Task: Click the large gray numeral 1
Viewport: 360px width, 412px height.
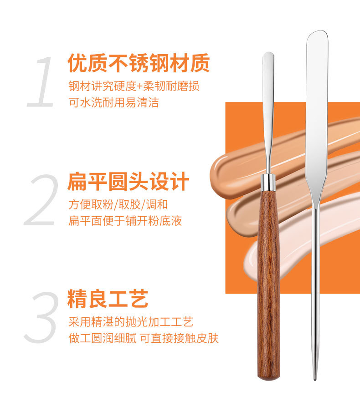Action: (x=42, y=82)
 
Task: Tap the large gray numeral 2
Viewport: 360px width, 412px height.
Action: (x=42, y=200)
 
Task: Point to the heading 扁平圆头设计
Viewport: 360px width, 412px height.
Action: (x=128, y=182)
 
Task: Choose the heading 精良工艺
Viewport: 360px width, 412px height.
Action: (x=108, y=299)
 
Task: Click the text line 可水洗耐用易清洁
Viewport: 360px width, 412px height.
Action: (x=113, y=102)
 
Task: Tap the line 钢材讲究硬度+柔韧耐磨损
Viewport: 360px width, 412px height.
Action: (x=134, y=86)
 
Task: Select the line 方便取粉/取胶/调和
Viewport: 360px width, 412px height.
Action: (x=118, y=204)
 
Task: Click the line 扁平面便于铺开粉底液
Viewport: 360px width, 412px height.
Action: (x=125, y=221)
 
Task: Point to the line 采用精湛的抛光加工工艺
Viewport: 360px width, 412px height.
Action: (x=131, y=322)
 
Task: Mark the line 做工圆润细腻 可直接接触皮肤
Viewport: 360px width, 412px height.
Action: (x=144, y=339)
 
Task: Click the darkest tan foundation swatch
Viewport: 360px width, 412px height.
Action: (x=237, y=168)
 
